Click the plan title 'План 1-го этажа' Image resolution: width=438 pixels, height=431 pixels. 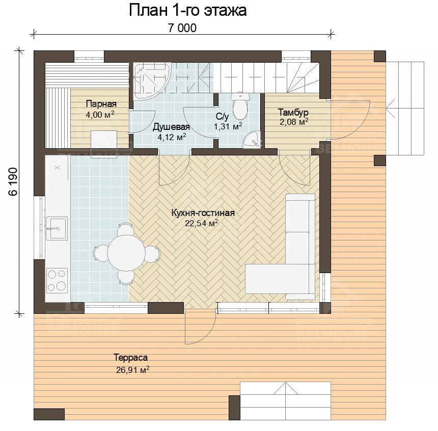click(188, 11)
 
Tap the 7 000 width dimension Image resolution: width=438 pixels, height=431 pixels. click(182, 28)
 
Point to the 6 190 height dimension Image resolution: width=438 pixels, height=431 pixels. click(13, 182)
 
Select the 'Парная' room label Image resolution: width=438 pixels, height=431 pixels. click(101, 104)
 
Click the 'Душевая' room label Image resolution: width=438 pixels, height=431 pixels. click(171, 127)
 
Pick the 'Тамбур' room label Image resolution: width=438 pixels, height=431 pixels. click(293, 113)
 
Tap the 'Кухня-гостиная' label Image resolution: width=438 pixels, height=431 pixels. click(203, 213)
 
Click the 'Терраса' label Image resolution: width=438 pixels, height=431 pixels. click(130, 357)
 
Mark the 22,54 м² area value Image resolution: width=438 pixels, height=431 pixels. click(201, 223)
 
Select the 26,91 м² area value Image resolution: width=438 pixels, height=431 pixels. click(133, 370)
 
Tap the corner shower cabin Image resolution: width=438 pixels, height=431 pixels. click(152, 81)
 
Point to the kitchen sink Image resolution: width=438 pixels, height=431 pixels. click(57, 228)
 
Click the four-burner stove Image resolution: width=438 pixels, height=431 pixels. click(57, 280)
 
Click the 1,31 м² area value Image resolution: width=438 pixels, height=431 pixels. click(228, 126)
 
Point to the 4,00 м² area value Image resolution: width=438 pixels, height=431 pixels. click(100, 115)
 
